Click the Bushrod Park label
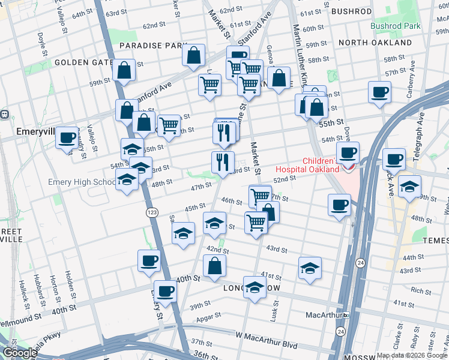point(395,26)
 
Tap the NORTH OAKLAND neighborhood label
point(375,43)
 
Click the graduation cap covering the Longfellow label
point(255,287)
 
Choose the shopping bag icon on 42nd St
point(214,266)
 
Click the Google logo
point(20,353)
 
